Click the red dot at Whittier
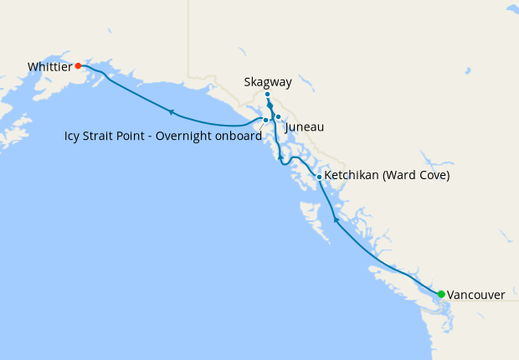(x=78, y=65)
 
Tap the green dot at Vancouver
(x=441, y=294)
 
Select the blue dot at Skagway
(x=267, y=95)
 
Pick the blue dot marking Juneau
(x=278, y=117)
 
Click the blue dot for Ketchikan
(x=319, y=177)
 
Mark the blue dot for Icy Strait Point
(x=265, y=121)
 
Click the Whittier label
(x=49, y=66)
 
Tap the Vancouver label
(x=475, y=295)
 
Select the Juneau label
(x=304, y=127)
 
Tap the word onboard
(x=237, y=136)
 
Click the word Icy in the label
(x=73, y=136)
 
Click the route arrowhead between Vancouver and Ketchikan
(x=336, y=219)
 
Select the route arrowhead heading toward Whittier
(x=171, y=111)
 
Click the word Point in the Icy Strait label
(x=134, y=136)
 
